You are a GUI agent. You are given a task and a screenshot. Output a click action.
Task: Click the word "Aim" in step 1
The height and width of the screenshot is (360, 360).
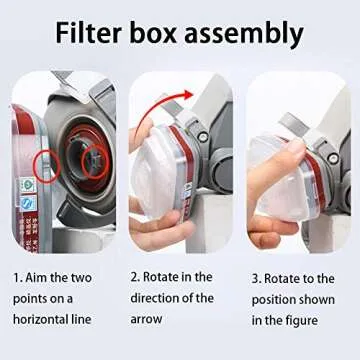tap(39, 275)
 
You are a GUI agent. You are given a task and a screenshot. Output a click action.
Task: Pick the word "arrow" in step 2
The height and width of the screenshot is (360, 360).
tap(149, 319)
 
